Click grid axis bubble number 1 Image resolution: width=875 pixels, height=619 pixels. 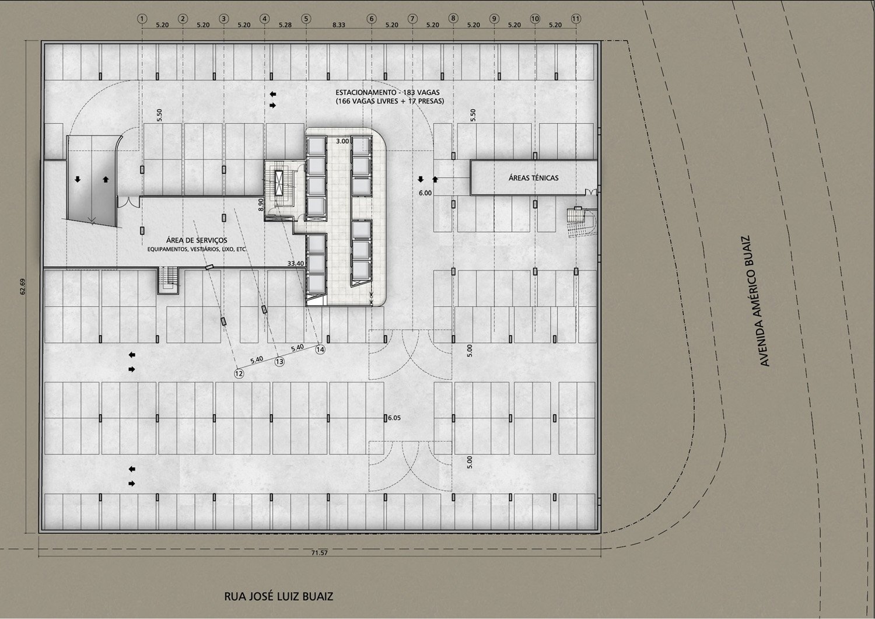coord(142,18)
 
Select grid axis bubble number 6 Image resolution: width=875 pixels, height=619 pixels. coord(372,18)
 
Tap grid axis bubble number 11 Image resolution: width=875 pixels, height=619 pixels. coord(576,18)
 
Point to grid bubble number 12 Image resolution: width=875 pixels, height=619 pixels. coord(239,373)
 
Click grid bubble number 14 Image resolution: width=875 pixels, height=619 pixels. coord(320,349)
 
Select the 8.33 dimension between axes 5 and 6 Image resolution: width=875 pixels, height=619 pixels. coord(339,25)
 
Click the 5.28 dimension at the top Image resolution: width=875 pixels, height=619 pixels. coord(285,25)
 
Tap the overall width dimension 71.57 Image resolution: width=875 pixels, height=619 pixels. coord(319,552)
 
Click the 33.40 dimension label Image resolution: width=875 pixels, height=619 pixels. coord(296,263)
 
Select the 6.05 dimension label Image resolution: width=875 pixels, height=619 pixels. coord(394,418)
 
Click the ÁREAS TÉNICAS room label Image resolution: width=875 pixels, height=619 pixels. coord(534,178)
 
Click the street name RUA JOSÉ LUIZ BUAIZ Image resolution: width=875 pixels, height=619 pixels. coord(278,597)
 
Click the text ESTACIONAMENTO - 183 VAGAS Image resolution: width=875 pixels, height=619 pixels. coord(387,93)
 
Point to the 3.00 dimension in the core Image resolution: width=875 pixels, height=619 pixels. coord(342,141)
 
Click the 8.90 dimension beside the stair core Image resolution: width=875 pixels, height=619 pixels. coord(261,205)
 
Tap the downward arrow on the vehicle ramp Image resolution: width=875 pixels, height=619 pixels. coord(78,179)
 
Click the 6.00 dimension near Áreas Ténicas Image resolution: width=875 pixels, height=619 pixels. coord(425,193)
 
